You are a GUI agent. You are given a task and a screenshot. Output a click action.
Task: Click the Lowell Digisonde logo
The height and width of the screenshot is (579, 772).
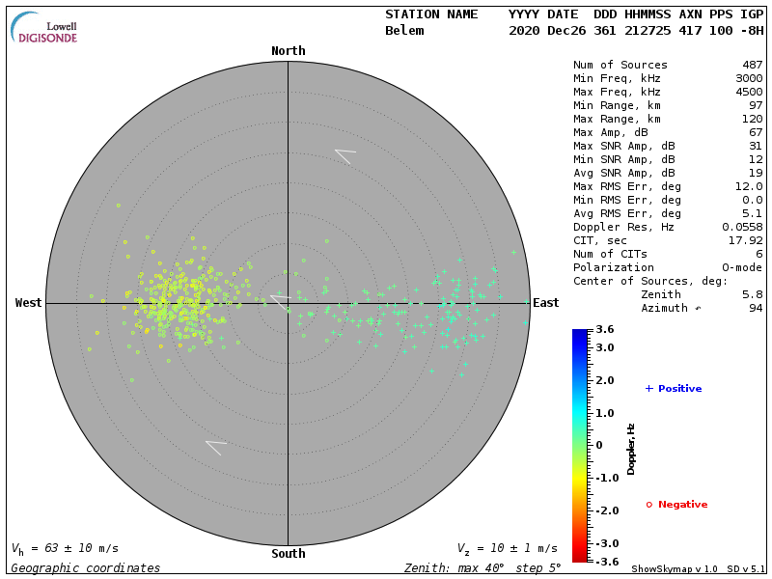tap(45, 28)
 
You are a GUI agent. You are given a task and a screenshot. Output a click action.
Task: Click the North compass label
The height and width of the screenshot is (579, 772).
tap(288, 51)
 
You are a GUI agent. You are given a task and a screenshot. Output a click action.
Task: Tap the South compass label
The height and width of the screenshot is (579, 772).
tap(288, 554)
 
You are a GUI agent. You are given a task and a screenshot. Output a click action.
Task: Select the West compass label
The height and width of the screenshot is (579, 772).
tap(28, 303)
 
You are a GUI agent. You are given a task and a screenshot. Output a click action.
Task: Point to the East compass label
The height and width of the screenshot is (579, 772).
tap(545, 303)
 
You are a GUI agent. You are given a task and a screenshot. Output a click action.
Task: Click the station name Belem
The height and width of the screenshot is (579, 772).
tap(404, 31)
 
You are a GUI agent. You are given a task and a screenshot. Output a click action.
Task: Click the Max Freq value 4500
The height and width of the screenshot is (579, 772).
tap(749, 92)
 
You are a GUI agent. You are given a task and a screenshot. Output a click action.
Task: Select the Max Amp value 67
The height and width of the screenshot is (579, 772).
tap(756, 132)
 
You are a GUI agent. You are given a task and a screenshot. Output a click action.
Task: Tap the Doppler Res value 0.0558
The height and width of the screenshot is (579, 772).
tap(742, 227)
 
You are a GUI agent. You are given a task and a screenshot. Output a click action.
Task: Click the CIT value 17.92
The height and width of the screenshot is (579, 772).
tap(746, 240)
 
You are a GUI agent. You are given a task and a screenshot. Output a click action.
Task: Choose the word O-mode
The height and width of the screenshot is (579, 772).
tap(736, 267)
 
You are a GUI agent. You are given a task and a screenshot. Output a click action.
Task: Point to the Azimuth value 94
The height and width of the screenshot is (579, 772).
tap(756, 308)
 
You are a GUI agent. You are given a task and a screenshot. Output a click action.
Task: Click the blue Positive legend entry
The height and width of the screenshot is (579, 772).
tap(674, 389)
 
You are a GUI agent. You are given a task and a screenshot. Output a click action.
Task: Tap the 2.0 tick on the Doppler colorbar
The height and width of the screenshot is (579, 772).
tap(604, 380)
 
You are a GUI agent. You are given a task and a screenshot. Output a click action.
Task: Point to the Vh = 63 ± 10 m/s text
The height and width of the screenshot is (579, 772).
tap(65, 548)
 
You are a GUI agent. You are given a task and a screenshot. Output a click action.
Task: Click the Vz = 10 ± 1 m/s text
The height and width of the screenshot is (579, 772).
tap(507, 548)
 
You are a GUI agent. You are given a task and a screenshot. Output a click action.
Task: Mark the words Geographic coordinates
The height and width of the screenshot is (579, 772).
tap(86, 568)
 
